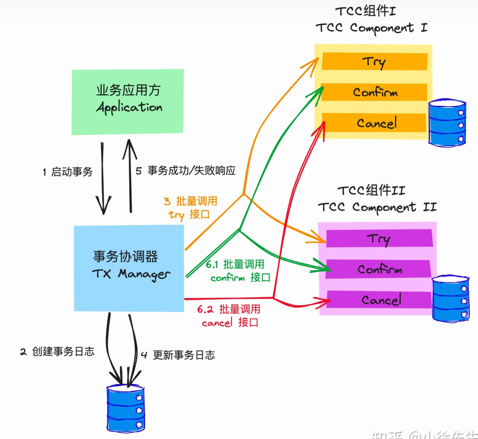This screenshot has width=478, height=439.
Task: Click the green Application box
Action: (128, 102)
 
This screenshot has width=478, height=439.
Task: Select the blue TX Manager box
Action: (129, 268)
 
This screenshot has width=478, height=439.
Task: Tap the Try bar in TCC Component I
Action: (374, 61)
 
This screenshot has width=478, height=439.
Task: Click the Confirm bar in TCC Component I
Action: (374, 92)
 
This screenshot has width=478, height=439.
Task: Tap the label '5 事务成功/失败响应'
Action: (186, 171)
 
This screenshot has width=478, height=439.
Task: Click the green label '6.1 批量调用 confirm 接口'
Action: (238, 271)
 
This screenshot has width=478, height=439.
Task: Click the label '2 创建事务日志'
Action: (57, 352)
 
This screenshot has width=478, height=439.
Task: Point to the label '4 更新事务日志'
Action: (178, 355)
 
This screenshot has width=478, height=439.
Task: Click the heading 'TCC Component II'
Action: (377, 207)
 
